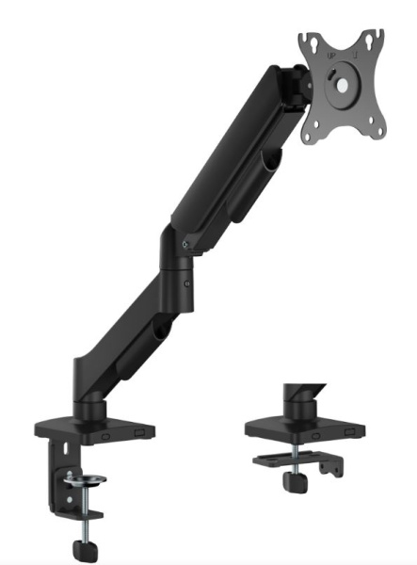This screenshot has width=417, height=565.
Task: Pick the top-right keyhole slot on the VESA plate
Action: tap(376, 37)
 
